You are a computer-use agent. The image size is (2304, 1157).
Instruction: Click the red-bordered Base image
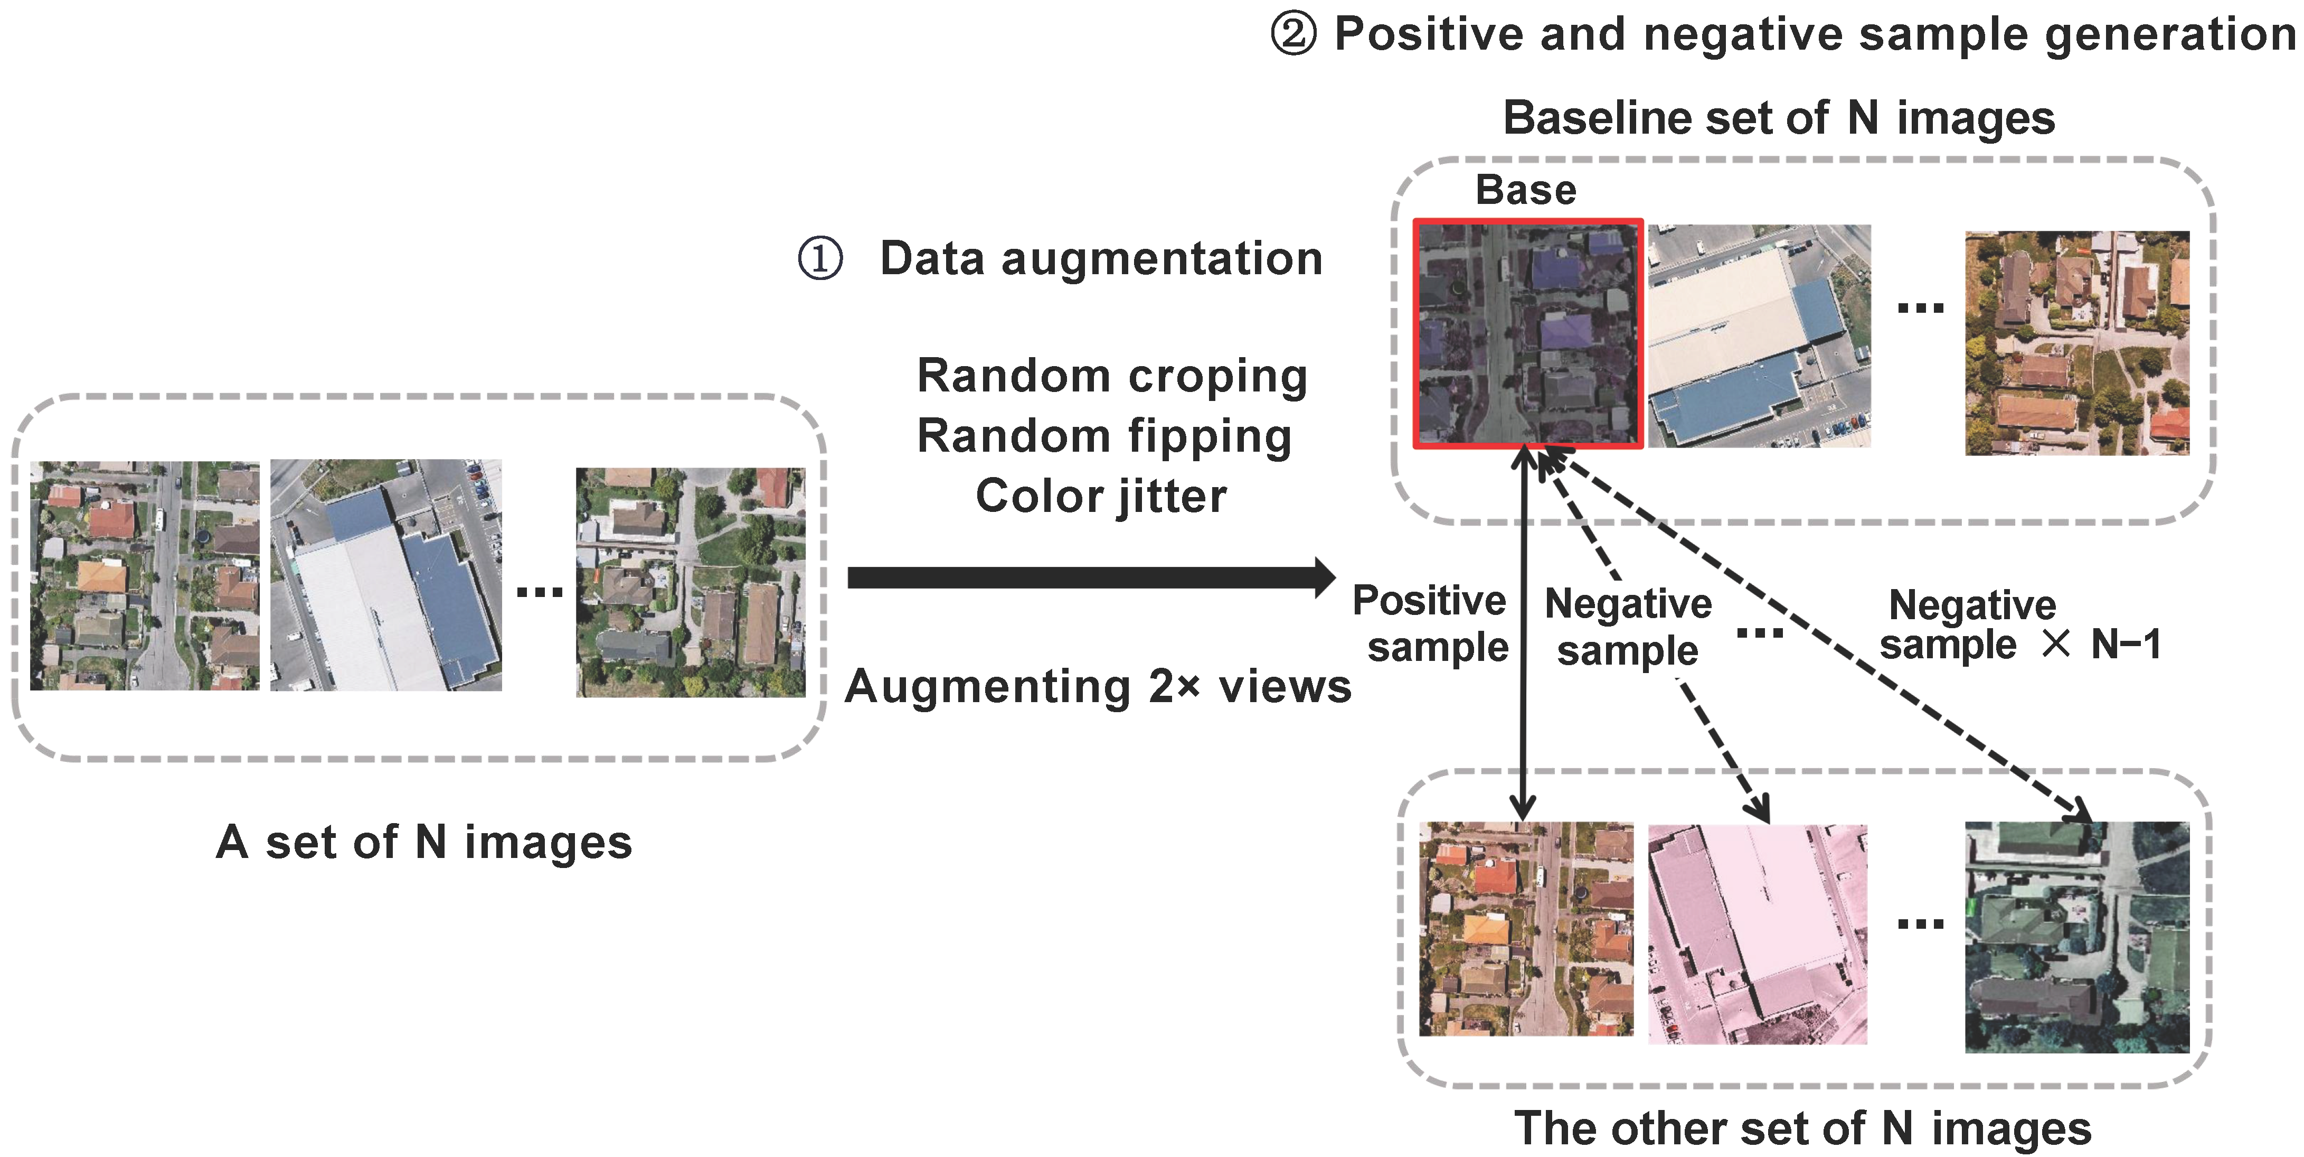(x=1528, y=334)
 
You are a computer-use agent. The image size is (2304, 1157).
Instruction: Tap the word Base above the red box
(x=1525, y=190)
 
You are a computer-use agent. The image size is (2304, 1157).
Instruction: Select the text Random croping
(x=1112, y=376)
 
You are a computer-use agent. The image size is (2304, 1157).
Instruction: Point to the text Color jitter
(x=1100, y=496)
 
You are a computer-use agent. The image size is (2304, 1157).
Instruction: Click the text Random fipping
(x=1104, y=437)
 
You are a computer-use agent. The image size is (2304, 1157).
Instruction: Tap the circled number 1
(x=819, y=258)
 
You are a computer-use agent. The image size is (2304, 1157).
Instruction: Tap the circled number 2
(x=1293, y=35)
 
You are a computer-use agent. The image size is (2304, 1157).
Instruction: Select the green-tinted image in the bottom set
(x=2076, y=936)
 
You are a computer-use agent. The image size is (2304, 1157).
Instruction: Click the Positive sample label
(x=1431, y=624)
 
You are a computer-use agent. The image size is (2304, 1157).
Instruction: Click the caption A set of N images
(x=424, y=842)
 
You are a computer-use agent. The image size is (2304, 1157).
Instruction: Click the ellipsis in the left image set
(x=540, y=592)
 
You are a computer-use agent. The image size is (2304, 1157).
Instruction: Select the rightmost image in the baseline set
(x=2076, y=343)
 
